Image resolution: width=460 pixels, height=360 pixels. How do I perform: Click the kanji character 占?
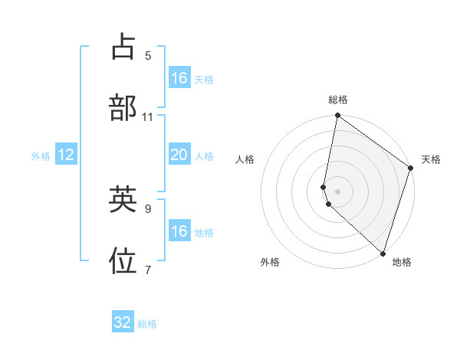(123, 47)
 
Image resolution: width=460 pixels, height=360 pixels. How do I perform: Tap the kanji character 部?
(123, 108)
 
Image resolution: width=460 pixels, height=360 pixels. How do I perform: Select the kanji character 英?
(123, 200)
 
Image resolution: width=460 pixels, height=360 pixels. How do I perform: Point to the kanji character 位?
(123, 261)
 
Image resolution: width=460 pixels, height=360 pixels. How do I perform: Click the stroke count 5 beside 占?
(148, 55)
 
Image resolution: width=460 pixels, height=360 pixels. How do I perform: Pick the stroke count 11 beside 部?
(148, 116)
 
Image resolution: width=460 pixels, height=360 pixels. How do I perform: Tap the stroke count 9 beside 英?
(148, 208)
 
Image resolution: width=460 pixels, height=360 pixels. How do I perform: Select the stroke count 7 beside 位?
(148, 270)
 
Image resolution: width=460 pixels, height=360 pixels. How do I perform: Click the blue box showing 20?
(179, 155)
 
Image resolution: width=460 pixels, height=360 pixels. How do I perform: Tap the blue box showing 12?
(66, 155)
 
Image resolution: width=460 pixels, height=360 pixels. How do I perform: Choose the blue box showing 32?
(123, 322)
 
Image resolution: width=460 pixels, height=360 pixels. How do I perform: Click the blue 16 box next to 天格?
(179, 78)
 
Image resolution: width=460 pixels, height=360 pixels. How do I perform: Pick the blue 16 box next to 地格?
(179, 231)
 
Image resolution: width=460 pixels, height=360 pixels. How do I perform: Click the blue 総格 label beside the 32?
(147, 324)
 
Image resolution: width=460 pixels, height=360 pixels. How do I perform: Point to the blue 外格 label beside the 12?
(41, 156)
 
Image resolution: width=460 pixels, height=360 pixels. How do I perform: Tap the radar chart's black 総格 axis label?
(338, 100)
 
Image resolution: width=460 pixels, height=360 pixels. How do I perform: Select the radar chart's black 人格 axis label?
(245, 159)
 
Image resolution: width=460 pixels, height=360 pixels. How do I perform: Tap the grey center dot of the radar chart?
(338, 191)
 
